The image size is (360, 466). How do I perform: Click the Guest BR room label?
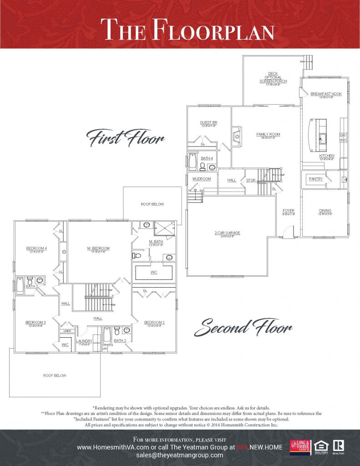click(208, 123)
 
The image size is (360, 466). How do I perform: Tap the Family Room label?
click(268, 135)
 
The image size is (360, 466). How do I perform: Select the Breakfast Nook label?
click(322, 94)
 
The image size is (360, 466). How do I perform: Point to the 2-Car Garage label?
click(227, 233)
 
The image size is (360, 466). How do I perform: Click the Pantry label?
click(315, 179)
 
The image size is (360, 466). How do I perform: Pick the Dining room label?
click(325, 211)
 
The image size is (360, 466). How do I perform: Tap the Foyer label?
click(289, 211)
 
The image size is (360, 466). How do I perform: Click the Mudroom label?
click(202, 179)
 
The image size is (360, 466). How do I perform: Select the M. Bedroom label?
click(99, 248)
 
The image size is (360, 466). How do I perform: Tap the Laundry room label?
click(85, 341)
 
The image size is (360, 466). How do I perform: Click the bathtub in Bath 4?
click(193, 162)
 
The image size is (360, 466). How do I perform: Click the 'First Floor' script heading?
click(125, 137)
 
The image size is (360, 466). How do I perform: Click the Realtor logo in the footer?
click(338, 447)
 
